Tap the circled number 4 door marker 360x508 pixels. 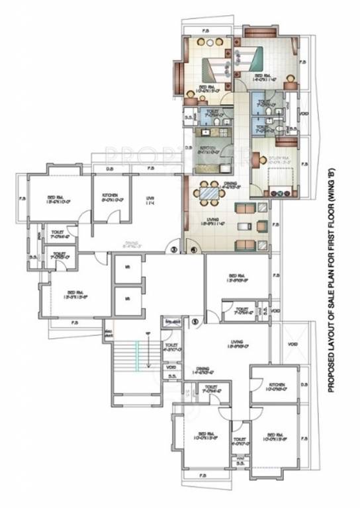coord(193,250)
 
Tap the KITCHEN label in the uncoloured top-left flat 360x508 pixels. coord(110,196)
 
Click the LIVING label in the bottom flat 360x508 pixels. coord(237,342)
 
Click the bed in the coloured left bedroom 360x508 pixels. coord(208,68)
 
